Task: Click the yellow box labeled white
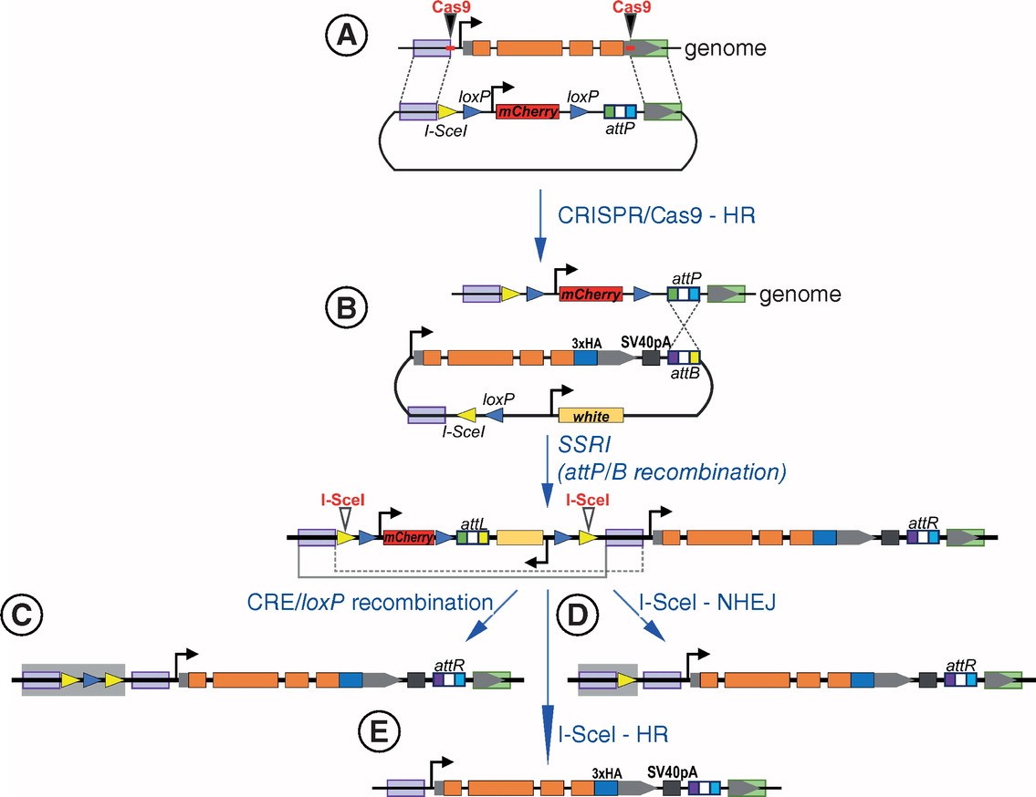(x=590, y=416)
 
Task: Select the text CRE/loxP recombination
(x=368, y=602)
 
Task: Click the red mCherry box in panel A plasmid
(x=527, y=112)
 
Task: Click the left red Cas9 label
(x=449, y=7)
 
